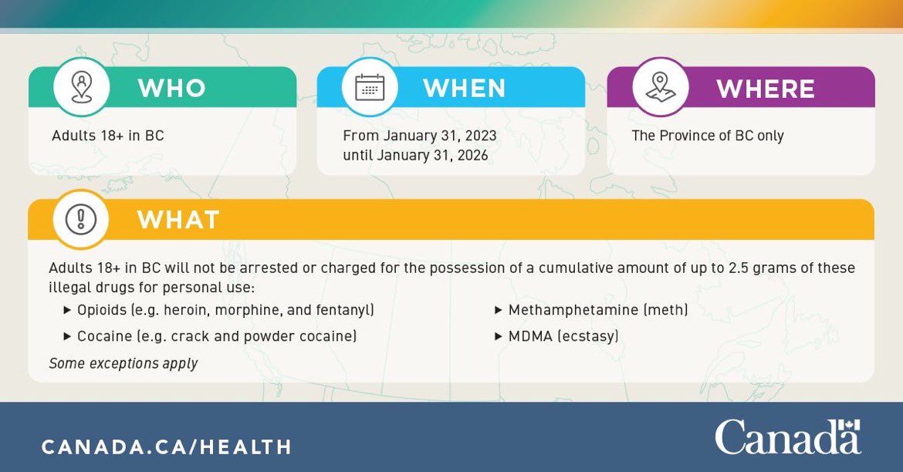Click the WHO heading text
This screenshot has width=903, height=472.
click(171, 88)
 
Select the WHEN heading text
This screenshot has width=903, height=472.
click(464, 88)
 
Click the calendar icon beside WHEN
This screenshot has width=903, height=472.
click(370, 87)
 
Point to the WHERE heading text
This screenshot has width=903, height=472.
click(765, 89)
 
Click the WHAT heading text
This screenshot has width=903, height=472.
click(178, 220)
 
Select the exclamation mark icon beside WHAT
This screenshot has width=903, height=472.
click(80, 220)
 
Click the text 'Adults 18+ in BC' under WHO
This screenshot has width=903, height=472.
click(108, 136)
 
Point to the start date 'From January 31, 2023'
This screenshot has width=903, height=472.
click(420, 136)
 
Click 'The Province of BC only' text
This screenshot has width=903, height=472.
click(708, 136)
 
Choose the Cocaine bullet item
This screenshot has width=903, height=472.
click(216, 336)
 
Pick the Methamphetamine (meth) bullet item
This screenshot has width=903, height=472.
click(597, 310)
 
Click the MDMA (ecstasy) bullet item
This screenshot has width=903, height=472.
click(563, 336)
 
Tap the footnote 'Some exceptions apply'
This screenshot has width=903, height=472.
click(123, 363)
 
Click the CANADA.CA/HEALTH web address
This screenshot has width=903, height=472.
click(167, 447)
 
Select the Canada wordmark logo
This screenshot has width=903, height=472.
click(787, 439)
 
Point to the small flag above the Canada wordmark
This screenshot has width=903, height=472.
click(849, 426)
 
